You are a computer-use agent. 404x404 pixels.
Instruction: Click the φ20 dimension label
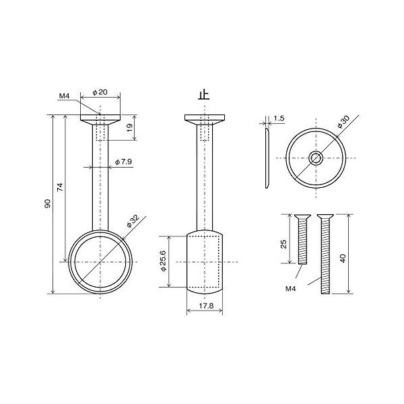pyautogui.click(x=100, y=92)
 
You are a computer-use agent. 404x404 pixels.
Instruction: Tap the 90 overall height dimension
pyautogui.click(x=48, y=203)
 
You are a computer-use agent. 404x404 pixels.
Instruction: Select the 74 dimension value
pyautogui.click(x=60, y=187)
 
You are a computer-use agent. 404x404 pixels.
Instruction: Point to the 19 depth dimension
pyautogui.click(x=129, y=127)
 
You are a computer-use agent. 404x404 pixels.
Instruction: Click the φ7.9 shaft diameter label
pyautogui.click(x=123, y=162)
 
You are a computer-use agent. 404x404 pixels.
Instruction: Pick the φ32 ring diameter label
pyautogui.click(x=133, y=221)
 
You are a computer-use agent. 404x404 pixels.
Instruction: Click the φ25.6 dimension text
pyautogui.click(x=164, y=261)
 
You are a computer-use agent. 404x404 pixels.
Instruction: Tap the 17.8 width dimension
pyautogui.click(x=206, y=306)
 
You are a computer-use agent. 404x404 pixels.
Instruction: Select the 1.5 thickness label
pyautogui.click(x=279, y=119)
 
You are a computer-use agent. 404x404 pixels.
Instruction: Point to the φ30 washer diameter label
pyautogui.click(x=343, y=122)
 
